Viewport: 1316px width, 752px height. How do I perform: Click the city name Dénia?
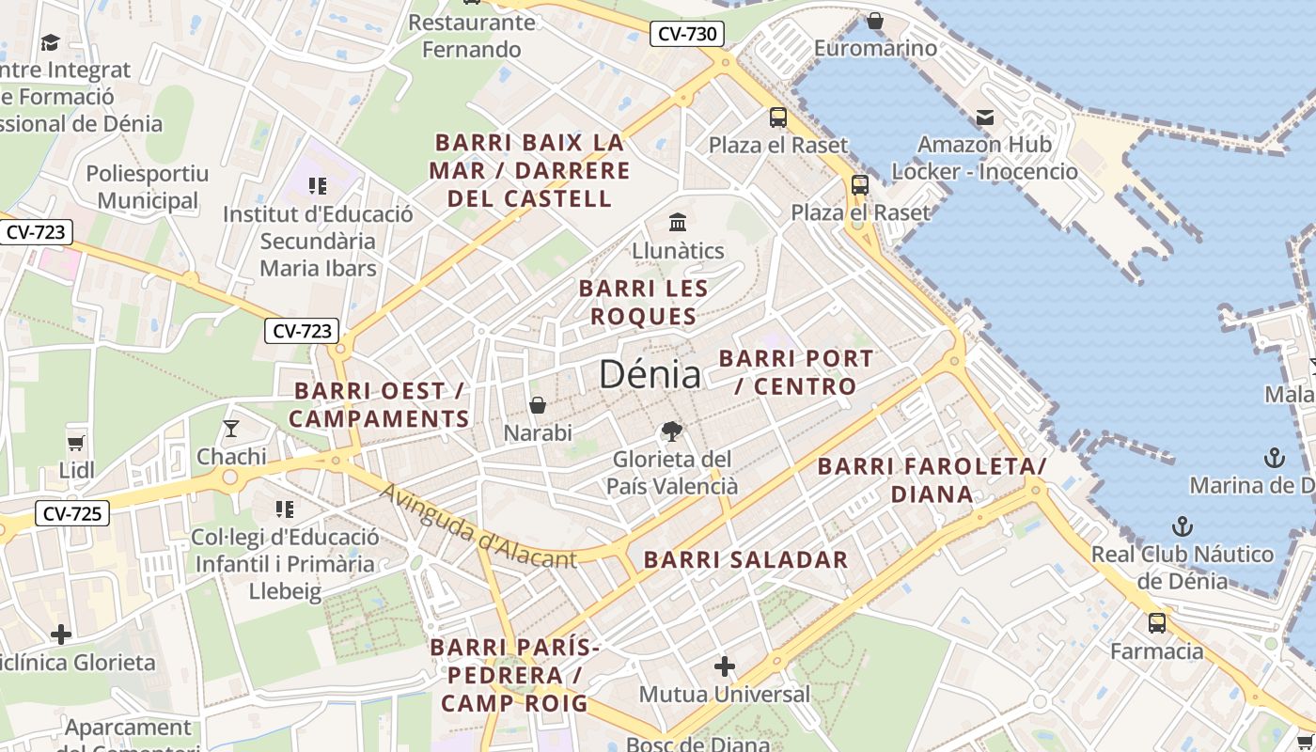coord(650,374)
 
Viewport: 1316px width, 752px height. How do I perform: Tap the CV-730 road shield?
coord(687,35)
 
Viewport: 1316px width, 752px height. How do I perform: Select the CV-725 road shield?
coord(71,513)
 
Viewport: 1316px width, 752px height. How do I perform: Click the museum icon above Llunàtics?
coord(678,223)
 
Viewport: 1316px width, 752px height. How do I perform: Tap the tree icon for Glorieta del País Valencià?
coord(671,431)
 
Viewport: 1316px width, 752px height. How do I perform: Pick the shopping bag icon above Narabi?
coord(538,405)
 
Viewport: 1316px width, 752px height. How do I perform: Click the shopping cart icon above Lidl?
coord(76,442)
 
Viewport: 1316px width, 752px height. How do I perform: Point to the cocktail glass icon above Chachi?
coord(231,429)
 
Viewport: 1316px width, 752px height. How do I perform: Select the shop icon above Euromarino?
coord(875,20)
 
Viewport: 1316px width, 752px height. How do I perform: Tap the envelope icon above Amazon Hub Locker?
coord(985,117)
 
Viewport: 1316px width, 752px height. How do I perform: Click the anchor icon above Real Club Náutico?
coord(1182,526)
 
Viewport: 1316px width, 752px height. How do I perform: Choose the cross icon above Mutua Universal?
coord(724,666)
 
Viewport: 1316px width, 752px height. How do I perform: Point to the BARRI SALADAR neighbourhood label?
coord(745,560)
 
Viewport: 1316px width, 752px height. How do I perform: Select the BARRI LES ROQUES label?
coord(643,302)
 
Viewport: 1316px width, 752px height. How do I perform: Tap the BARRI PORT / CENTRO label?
coord(796,372)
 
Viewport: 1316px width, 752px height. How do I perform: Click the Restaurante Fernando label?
coord(472,36)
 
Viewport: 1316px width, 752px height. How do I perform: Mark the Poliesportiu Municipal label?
coord(148,187)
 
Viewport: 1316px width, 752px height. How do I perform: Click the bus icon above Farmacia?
coord(1157,623)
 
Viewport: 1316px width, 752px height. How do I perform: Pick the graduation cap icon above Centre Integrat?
coord(50,42)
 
